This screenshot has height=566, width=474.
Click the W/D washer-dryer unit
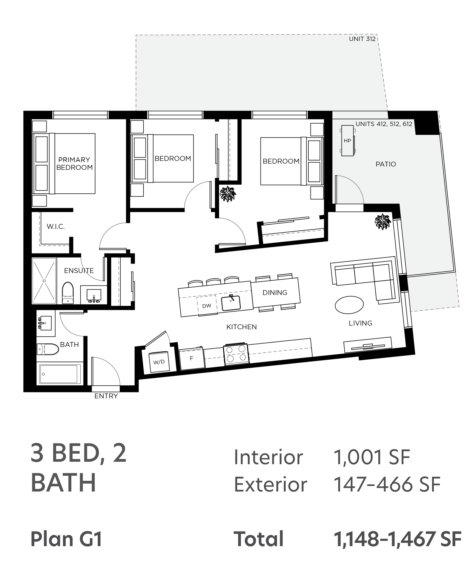(x=159, y=362)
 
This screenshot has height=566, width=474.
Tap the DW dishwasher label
(x=207, y=306)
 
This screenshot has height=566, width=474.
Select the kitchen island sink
(x=231, y=303)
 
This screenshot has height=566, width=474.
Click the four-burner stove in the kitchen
(x=236, y=354)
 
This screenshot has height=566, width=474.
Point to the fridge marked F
(x=192, y=358)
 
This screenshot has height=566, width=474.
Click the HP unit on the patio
(x=347, y=141)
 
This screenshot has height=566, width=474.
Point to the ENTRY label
(x=106, y=396)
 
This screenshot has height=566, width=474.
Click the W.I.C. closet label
(x=56, y=227)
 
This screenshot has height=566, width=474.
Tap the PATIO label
(x=386, y=164)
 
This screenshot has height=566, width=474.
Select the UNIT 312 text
(x=362, y=39)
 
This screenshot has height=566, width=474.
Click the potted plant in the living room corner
(x=382, y=222)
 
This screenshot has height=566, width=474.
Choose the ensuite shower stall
(x=44, y=281)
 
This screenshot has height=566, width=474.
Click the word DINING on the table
(x=275, y=292)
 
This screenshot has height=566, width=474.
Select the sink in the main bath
(x=45, y=323)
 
